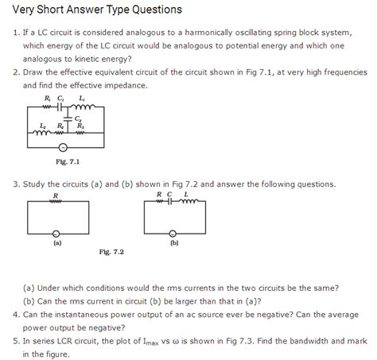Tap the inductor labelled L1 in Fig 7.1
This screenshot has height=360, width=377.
pyautogui.click(x=85, y=109)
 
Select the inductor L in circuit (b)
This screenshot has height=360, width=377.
pyautogui.click(x=188, y=200)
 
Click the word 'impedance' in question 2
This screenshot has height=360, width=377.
pyautogui.click(x=165, y=84)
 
